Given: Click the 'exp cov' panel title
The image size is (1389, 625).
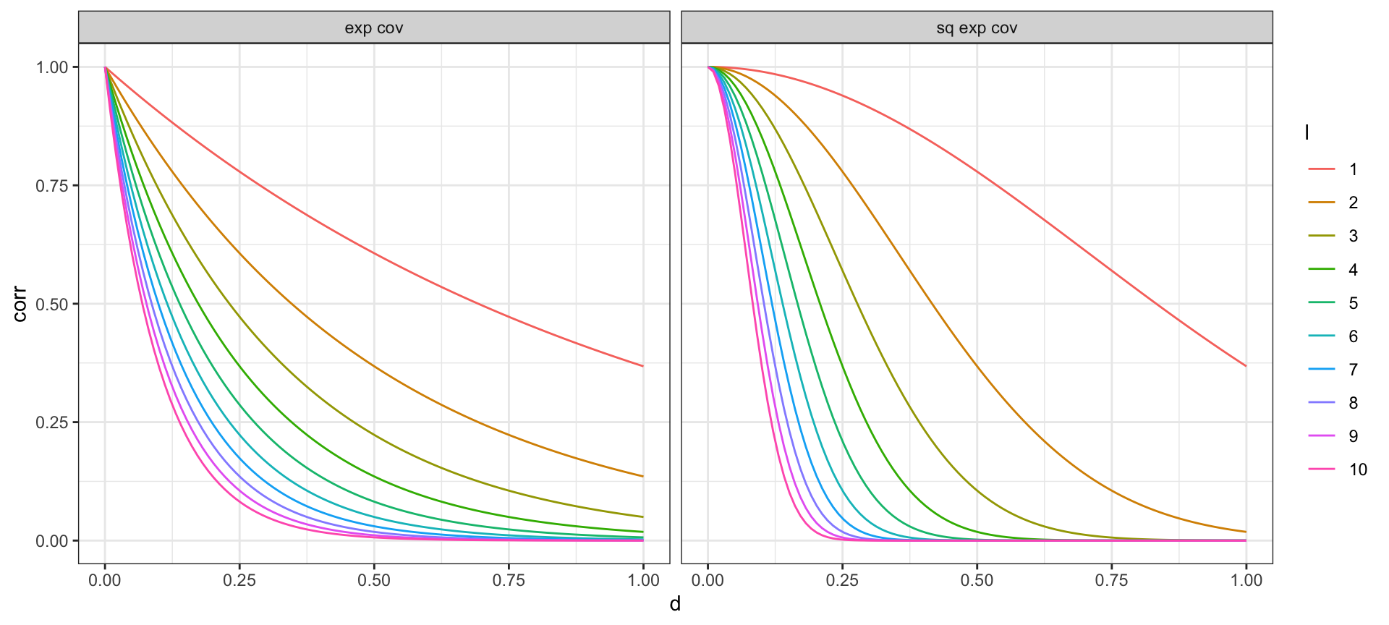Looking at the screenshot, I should (373, 28).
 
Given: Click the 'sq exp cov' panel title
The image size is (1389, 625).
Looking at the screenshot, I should (977, 28).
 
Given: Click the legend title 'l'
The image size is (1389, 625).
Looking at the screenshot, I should (1307, 132).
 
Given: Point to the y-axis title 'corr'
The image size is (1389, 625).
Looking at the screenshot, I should (20, 304).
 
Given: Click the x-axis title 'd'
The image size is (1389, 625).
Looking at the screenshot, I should (675, 604).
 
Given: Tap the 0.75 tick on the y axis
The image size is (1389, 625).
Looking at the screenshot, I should (51, 186).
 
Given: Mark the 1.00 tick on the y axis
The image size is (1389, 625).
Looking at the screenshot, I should (51, 67).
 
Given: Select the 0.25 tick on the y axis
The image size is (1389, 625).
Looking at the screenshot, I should (51, 422).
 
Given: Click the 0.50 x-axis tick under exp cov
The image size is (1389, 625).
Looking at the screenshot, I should (374, 580).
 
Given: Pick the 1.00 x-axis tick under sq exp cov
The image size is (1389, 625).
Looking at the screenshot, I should (1246, 580).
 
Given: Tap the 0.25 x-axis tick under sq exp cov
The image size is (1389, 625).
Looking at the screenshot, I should (842, 580).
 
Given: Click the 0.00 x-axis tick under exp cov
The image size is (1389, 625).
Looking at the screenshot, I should (105, 580).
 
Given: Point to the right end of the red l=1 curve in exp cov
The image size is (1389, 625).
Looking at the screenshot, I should (643, 366).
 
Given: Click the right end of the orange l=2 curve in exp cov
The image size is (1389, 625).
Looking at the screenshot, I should (643, 476).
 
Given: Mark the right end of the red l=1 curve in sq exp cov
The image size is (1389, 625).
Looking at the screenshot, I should (1246, 366).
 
